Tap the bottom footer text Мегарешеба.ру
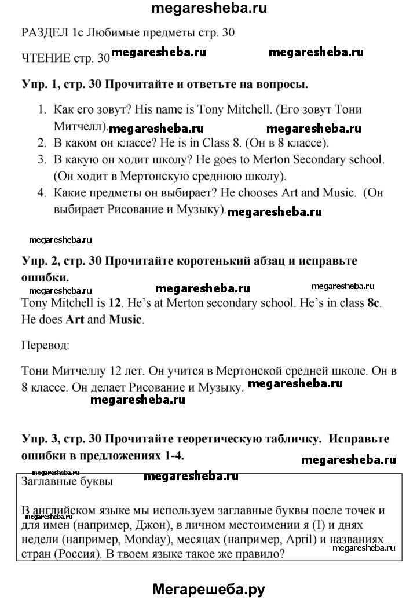point(209,588)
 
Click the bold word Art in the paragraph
point(76,319)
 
